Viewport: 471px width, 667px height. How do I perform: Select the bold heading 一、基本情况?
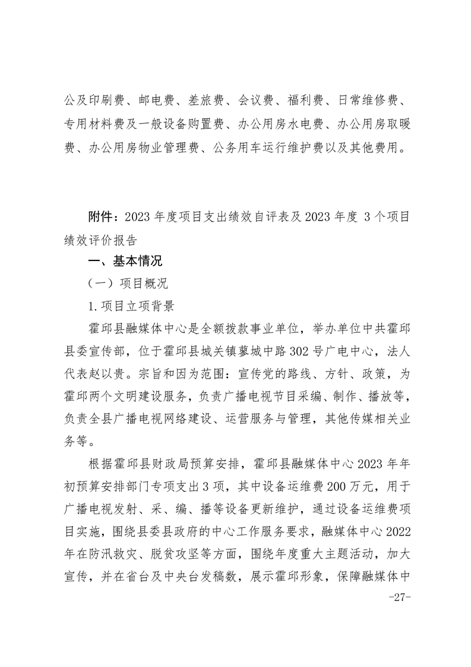tap(125, 261)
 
